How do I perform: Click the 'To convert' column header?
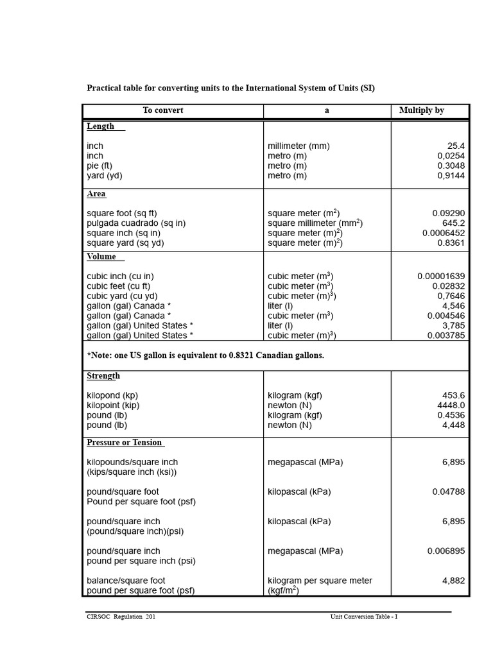pyautogui.click(x=163, y=110)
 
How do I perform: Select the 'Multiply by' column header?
pyautogui.click(x=422, y=110)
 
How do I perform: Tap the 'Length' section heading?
pyautogui.click(x=101, y=126)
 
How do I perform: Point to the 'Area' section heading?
pyautogui.click(x=96, y=194)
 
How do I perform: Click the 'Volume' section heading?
pyautogui.click(x=101, y=257)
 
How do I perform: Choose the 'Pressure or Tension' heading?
pyautogui.click(x=125, y=443)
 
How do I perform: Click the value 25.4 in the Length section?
pyautogui.click(x=456, y=146)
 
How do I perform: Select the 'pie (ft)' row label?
pyautogui.click(x=99, y=166)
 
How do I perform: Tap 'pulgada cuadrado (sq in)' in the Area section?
pyautogui.click(x=136, y=223)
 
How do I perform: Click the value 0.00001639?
pyautogui.click(x=441, y=277)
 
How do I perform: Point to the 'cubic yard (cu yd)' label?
pyautogui.click(x=122, y=296)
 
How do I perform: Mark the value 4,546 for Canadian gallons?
pyautogui.click(x=453, y=306)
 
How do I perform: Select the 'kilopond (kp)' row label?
pyautogui.click(x=112, y=395)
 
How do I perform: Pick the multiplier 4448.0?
pyautogui.click(x=451, y=405)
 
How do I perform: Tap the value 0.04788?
pyautogui.click(x=449, y=492)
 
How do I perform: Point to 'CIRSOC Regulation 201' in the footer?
pyautogui.click(x=121, y=617)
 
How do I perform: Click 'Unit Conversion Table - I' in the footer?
pyautogui.click(x=364, y=617)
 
